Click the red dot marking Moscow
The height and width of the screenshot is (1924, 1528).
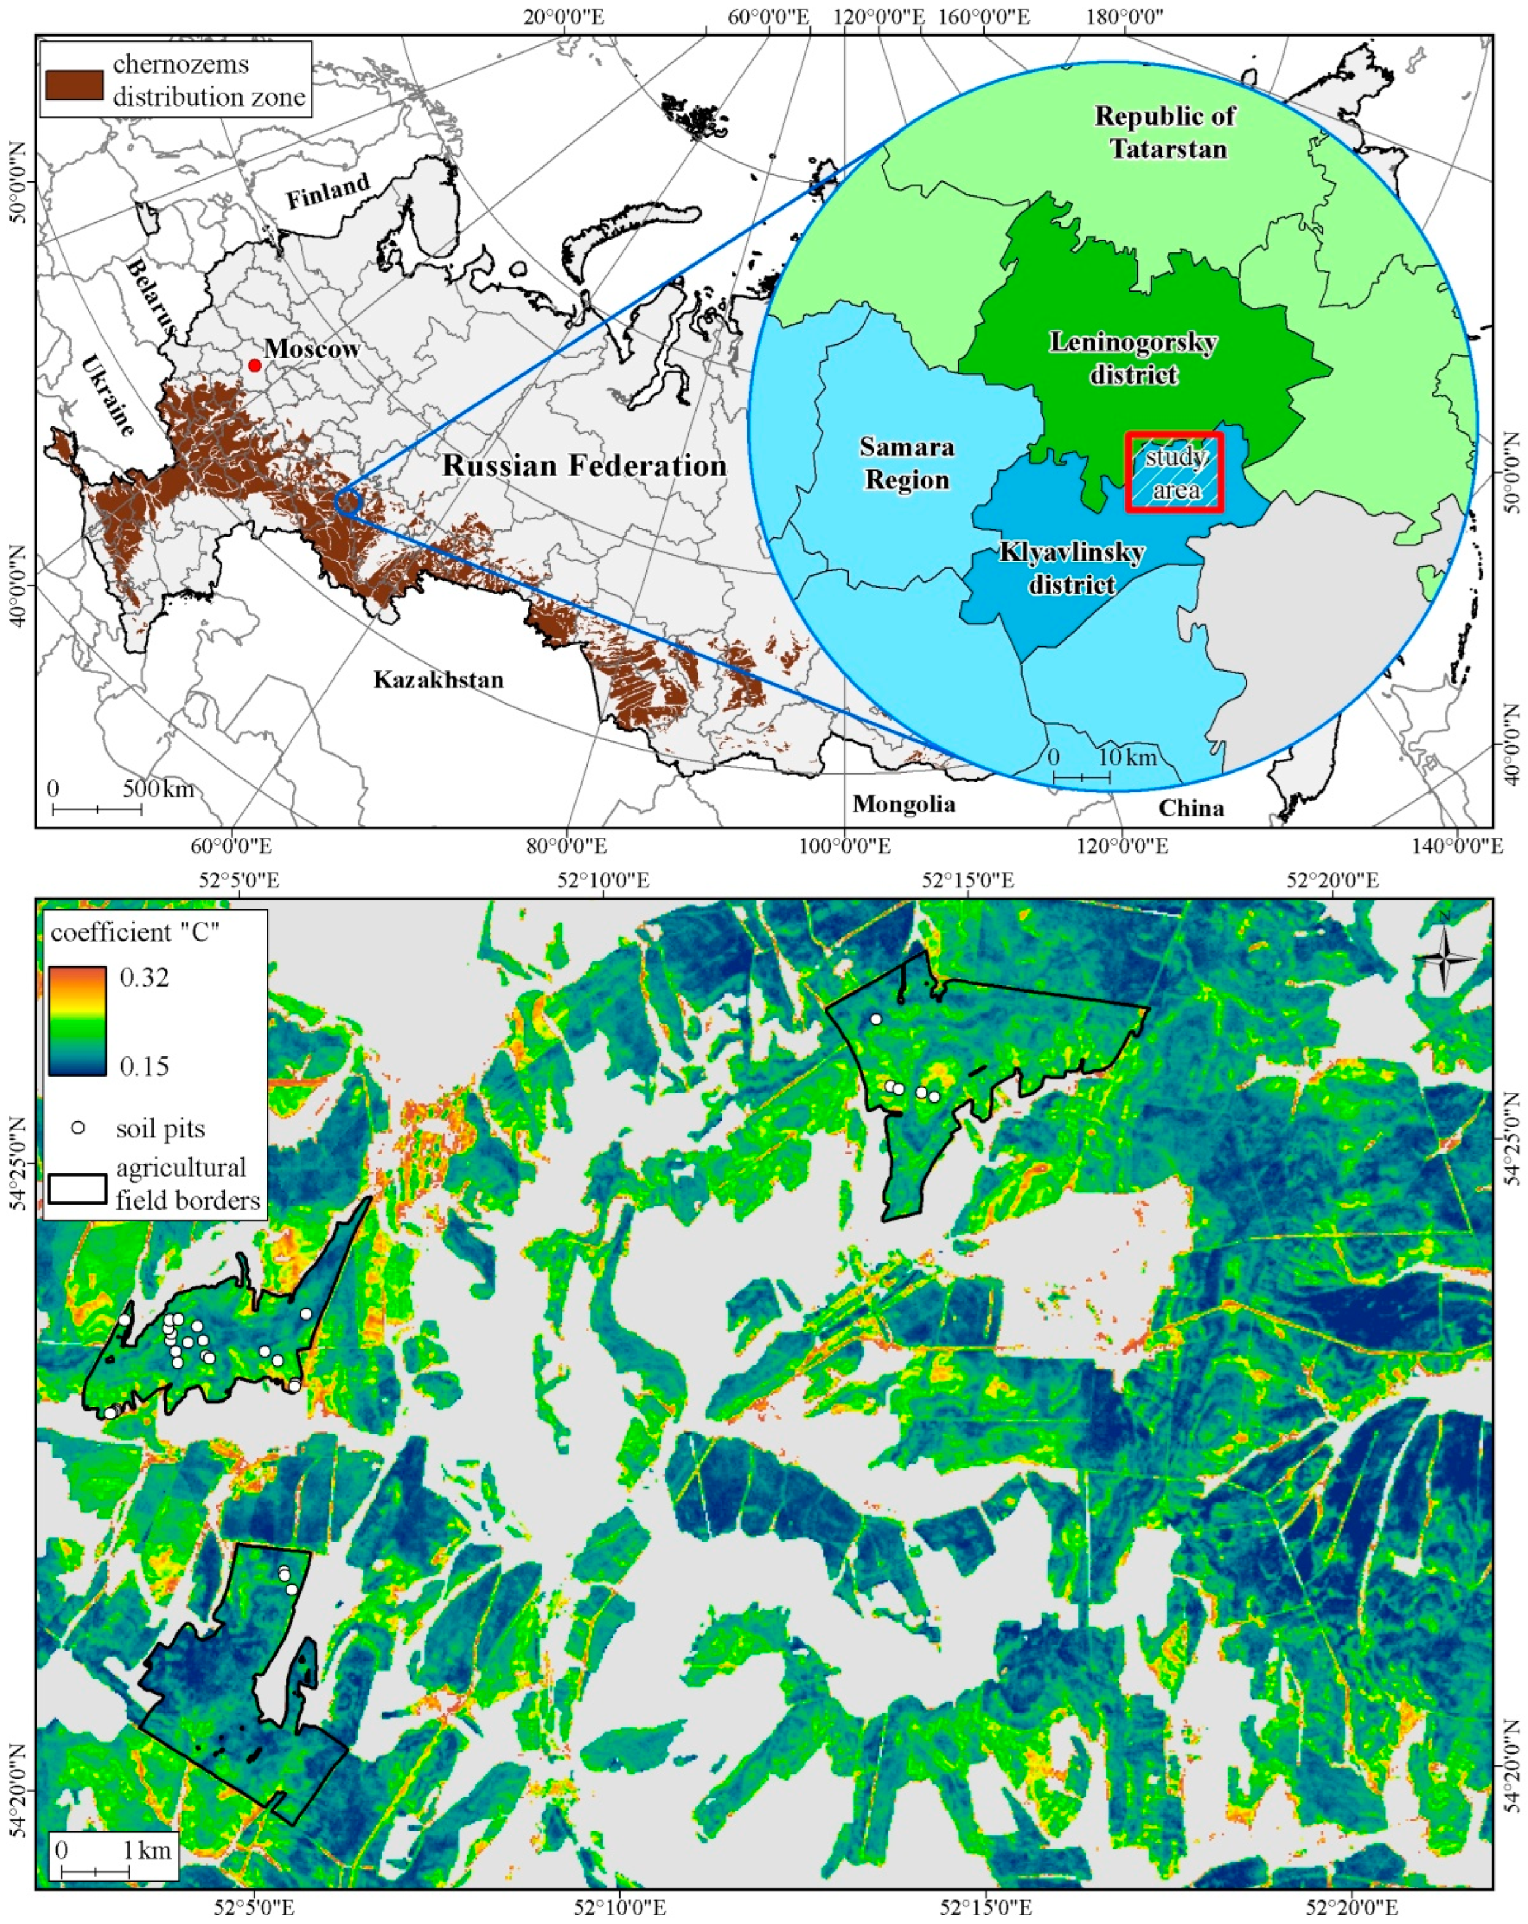click(254, 365)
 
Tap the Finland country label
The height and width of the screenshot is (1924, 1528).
click(328, 191)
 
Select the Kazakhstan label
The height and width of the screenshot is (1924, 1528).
click(438, 680)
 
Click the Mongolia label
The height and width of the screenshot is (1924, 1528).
click(903, 804)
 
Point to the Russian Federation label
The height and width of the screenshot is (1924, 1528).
click(584, 466)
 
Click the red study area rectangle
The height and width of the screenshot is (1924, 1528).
click(1174, 473)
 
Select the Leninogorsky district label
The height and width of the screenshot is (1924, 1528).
click(1133, 358)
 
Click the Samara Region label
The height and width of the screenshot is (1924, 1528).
click(907, 463)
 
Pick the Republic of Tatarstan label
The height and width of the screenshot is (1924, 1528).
click(1167, 132)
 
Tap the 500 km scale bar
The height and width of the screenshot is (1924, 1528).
click(96, 808)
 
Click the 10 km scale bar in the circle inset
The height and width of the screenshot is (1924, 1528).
click(1082, 778)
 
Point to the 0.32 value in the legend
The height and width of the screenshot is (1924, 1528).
click(144, 977)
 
